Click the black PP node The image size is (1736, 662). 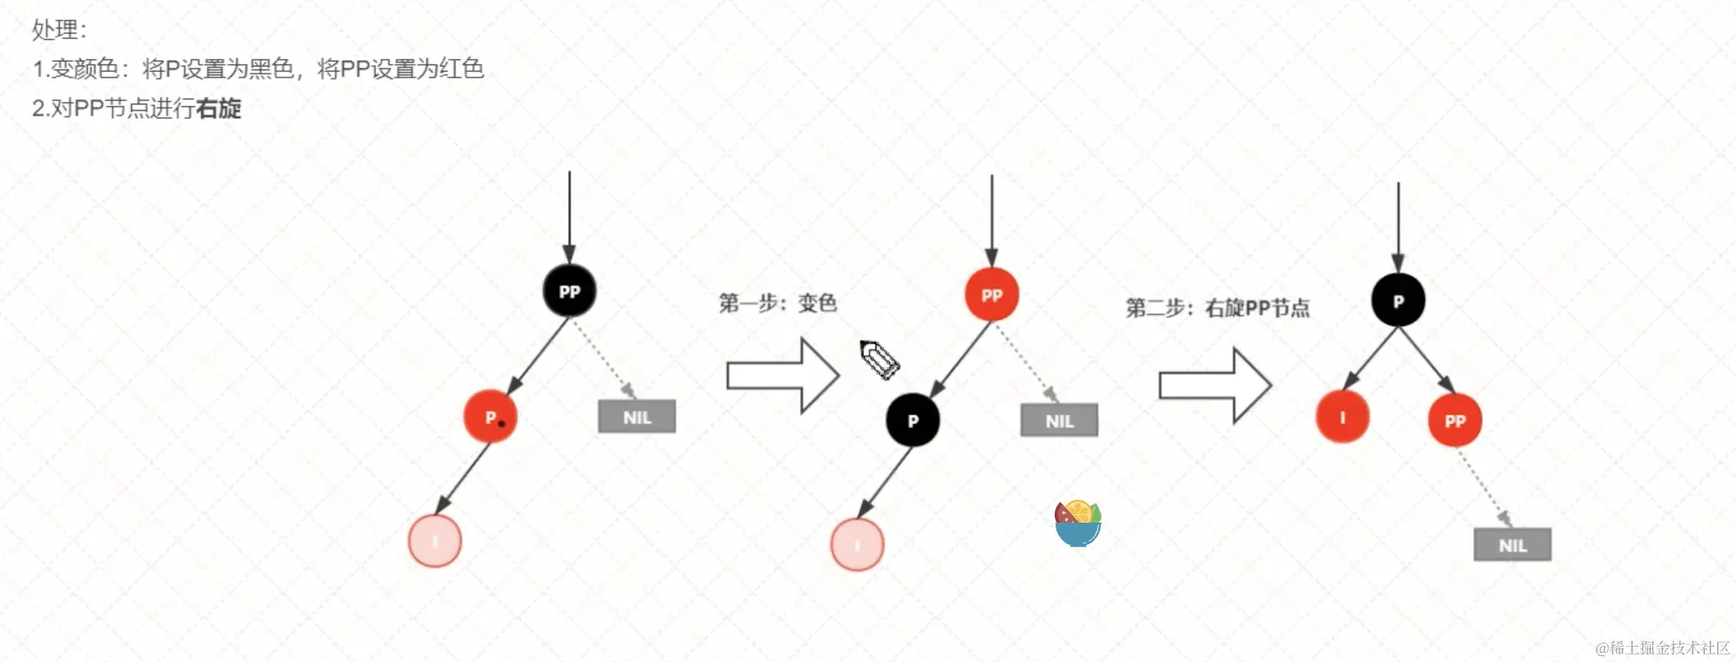click(x=569, y=291)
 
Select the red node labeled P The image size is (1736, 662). click(x=490, y=417)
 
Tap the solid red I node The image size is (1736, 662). click(x=1342, y=417)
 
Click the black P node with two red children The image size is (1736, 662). click(x=1398, y=301)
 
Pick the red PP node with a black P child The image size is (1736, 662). click(x=991, y=295)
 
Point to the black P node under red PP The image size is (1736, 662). click(x=913, y=421)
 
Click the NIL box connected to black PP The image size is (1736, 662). click(x=636, y=416)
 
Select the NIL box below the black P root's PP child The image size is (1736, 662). click(x=1512, y=545)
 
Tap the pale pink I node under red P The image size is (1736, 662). click(x=434, y=541)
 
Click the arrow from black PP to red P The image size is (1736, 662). click(x=538, y=355)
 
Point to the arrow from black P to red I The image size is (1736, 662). click(x=1370, y=359)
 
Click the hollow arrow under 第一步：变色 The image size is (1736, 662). click(x=783, y=376)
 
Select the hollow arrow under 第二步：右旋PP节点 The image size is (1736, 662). click(x=1215, y=385)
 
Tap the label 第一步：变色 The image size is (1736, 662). click(x=778, y=303)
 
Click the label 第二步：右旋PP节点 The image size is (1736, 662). click(x=1217, y=308)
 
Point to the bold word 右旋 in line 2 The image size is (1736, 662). click(x=218, y=108)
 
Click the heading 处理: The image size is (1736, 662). click(x=59, y=30)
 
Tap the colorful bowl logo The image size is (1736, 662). click(x=1078, y=524)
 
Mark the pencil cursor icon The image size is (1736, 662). click(x=880, y=360)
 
